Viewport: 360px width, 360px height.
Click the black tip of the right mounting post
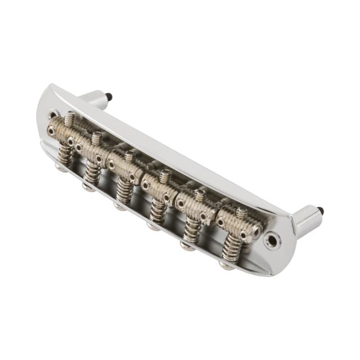(x=321, y=211)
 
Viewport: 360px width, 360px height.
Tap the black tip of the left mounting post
(x=110, y=97)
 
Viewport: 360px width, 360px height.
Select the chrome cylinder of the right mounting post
(x=307, y=219)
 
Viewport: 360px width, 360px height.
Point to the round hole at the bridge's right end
(x=273, y=241)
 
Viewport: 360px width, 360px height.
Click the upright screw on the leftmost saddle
(x=70, y=119)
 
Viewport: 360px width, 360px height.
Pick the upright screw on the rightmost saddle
(x=241, y=213)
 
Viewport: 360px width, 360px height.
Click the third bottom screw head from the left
(x=120, y=205)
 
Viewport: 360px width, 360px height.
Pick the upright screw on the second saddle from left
(x=97, y=137)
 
